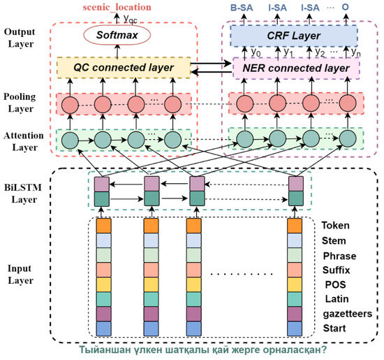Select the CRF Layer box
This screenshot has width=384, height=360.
click(293, 34)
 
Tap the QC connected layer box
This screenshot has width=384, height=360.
click(120, 69)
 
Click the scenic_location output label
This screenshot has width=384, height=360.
click(118, 6)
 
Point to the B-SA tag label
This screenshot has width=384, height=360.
click(242, 7)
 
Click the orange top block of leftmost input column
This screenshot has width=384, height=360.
click(103, 226)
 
